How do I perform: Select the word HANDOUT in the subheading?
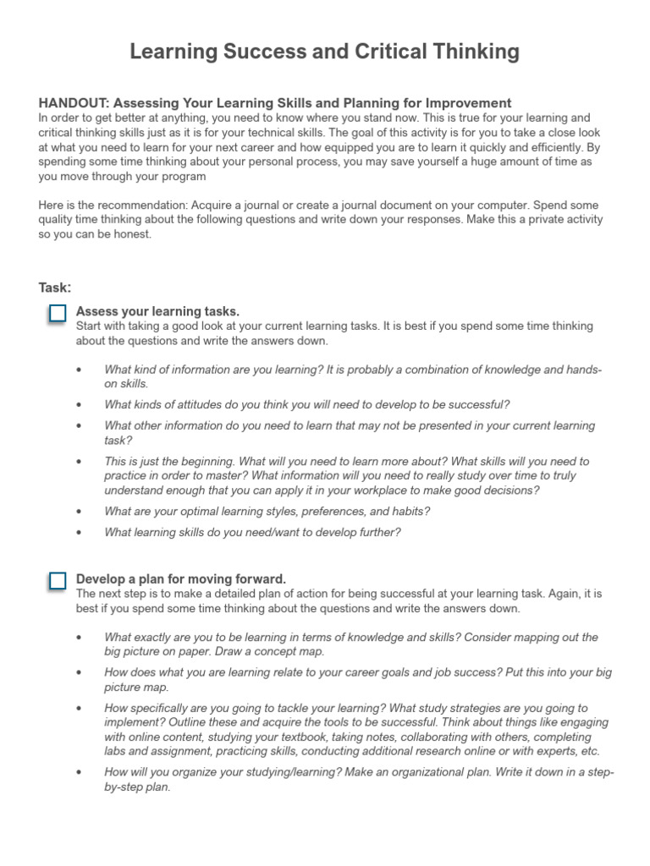tap(74, 103)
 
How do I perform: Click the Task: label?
tap(55, 288)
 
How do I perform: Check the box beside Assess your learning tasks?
tap(57, 314)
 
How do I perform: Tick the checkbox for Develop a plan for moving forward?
tap(57, 581)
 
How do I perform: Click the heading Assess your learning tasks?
tap(157, 311)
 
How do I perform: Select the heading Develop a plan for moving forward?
tap(181, 578)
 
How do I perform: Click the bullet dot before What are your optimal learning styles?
tap(79, 512)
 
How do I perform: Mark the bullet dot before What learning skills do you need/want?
tap(79, 533)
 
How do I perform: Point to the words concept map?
tap(287, 651)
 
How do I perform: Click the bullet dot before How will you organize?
tap(79, 773)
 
